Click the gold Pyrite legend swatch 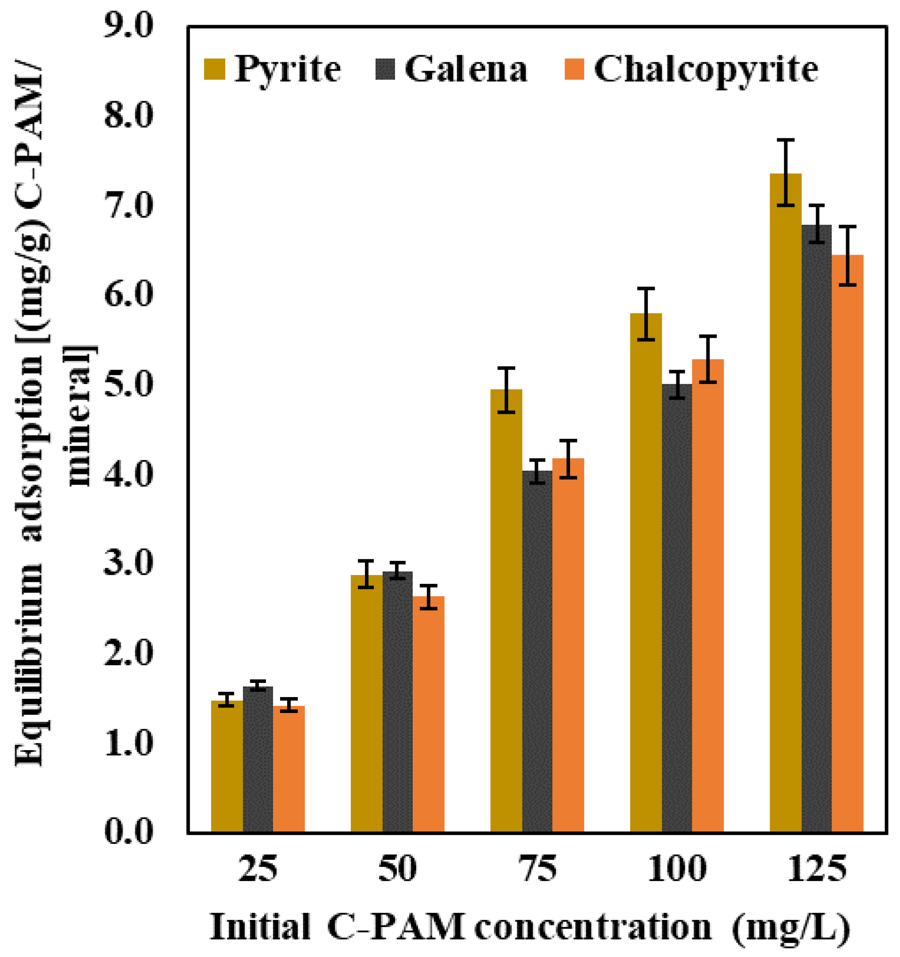click(x=215, y=69)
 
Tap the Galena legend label click(x=466, y=69)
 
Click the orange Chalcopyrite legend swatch click(x=574, y=69)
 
